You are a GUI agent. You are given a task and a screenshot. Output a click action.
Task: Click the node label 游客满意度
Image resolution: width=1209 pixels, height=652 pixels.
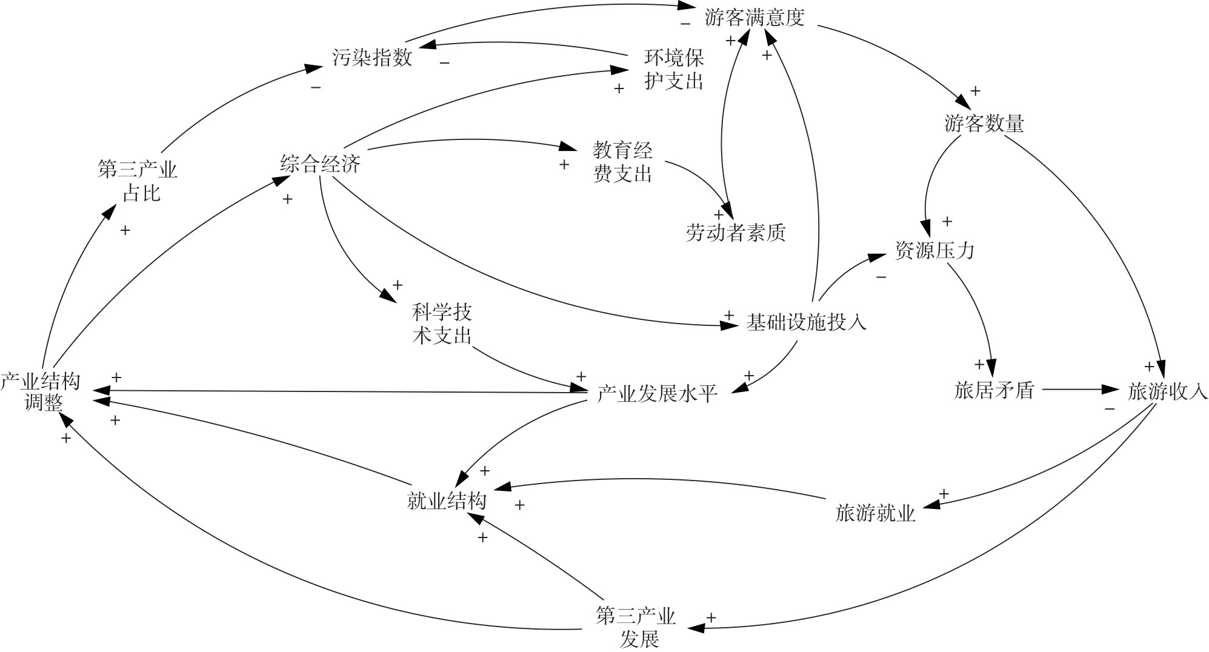(754, 18)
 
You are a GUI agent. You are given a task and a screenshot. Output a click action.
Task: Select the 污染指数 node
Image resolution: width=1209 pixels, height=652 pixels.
(372, 58)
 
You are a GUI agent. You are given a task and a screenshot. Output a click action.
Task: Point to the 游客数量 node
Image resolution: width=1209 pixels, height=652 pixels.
(984, 124)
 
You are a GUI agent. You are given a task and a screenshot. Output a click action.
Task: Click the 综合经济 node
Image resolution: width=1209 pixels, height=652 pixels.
(321, 164)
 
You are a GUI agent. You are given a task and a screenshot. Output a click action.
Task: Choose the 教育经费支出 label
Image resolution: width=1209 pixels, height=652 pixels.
(622, 162)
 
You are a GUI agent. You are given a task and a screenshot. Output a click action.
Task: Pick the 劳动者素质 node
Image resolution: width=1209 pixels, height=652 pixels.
(736, 233)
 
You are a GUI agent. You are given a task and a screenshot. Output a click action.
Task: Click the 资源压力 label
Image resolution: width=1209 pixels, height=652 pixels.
(934, 250)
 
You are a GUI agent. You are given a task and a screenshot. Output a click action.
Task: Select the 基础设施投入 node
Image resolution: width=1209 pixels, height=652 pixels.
(806, 322)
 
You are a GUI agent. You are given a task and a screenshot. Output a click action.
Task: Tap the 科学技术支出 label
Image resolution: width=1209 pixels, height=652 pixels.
(442, 324)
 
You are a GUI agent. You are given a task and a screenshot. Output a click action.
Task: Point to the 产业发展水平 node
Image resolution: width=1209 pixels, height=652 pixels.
(657, 394)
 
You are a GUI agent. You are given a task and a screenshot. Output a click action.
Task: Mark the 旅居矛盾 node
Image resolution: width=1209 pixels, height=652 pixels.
(994, 391)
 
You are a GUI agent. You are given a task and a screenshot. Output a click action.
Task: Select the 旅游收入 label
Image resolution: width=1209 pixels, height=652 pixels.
(1167, 392)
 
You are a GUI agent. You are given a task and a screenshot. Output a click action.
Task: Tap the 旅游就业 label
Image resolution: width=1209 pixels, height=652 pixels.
(875, 514)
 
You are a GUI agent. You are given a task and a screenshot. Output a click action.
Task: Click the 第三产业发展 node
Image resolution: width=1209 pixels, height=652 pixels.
(636, 628)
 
